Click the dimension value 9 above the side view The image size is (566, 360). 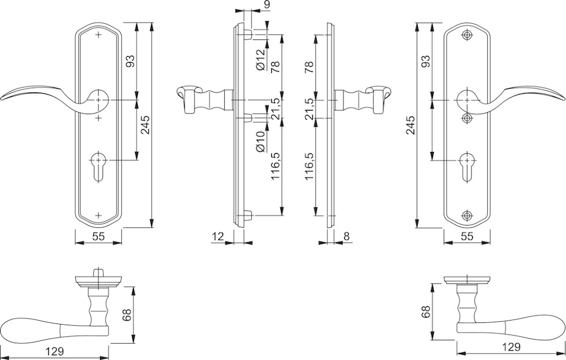coord(266,5)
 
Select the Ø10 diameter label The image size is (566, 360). coord(260,142)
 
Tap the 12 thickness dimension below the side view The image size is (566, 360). coord(218,236)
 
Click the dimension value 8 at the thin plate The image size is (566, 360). coord(346,236)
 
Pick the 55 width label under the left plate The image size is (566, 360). coord(98,236)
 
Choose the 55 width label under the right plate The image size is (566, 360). coord(467,236)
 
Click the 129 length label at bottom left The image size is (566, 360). coord(53,351)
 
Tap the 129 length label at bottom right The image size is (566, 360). coord(510,347)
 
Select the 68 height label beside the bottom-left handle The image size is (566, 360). coord(127,315)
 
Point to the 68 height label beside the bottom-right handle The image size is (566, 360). coord(426,311)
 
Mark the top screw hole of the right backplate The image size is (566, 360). coord(467,35)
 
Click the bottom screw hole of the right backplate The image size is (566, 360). coord(467,216)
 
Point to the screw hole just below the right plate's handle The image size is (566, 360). coord(467,118)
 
